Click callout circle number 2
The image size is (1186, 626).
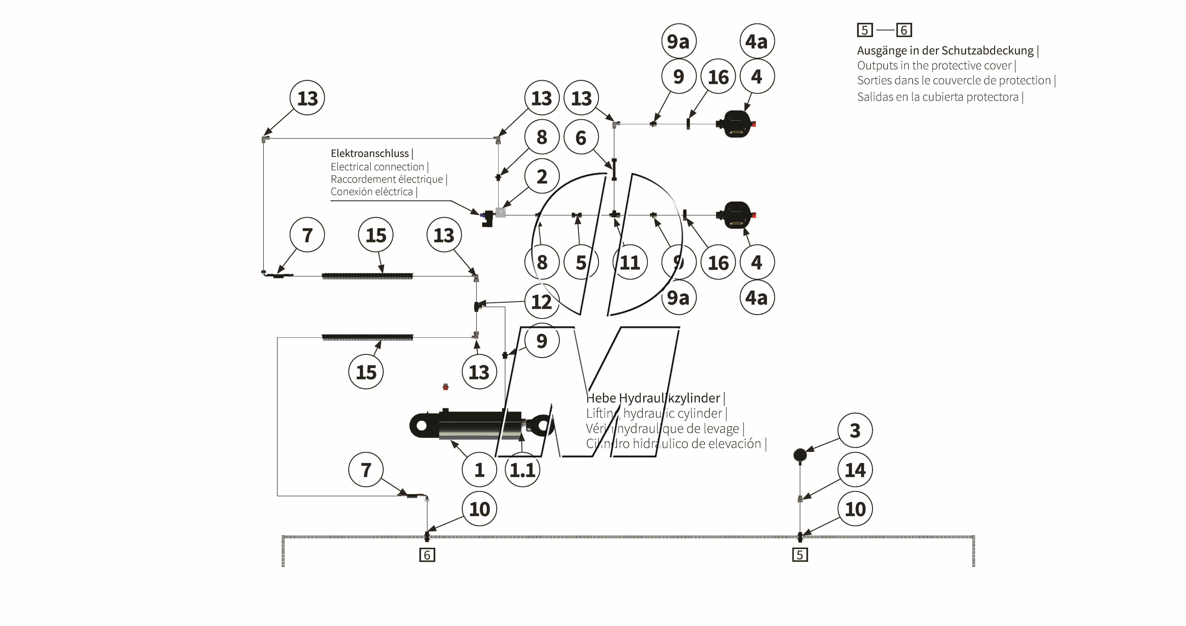(x=542, y=177)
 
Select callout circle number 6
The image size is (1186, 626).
(x=581, y=138)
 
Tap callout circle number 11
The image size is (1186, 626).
(x=630, y=263)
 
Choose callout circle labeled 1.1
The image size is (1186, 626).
(x=522, y=470)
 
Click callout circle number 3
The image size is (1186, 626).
(x=855, y=431)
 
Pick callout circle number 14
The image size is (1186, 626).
(x=855, y=470)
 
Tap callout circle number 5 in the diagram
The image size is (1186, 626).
(x=581, y=263)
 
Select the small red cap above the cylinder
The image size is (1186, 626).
(x=445, y=387)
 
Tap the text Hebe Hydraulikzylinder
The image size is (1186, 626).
(x=653, y=398)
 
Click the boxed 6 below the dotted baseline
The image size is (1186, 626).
(x=427, y=555)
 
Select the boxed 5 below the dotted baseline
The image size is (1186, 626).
(x=800, y=555)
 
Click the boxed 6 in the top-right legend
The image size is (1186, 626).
(x=904, y=30)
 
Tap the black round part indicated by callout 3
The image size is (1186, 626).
(x=800, y=455)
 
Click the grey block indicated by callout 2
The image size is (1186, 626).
(x=500, y=212)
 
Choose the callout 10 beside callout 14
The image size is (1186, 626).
(x=855, y=509)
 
